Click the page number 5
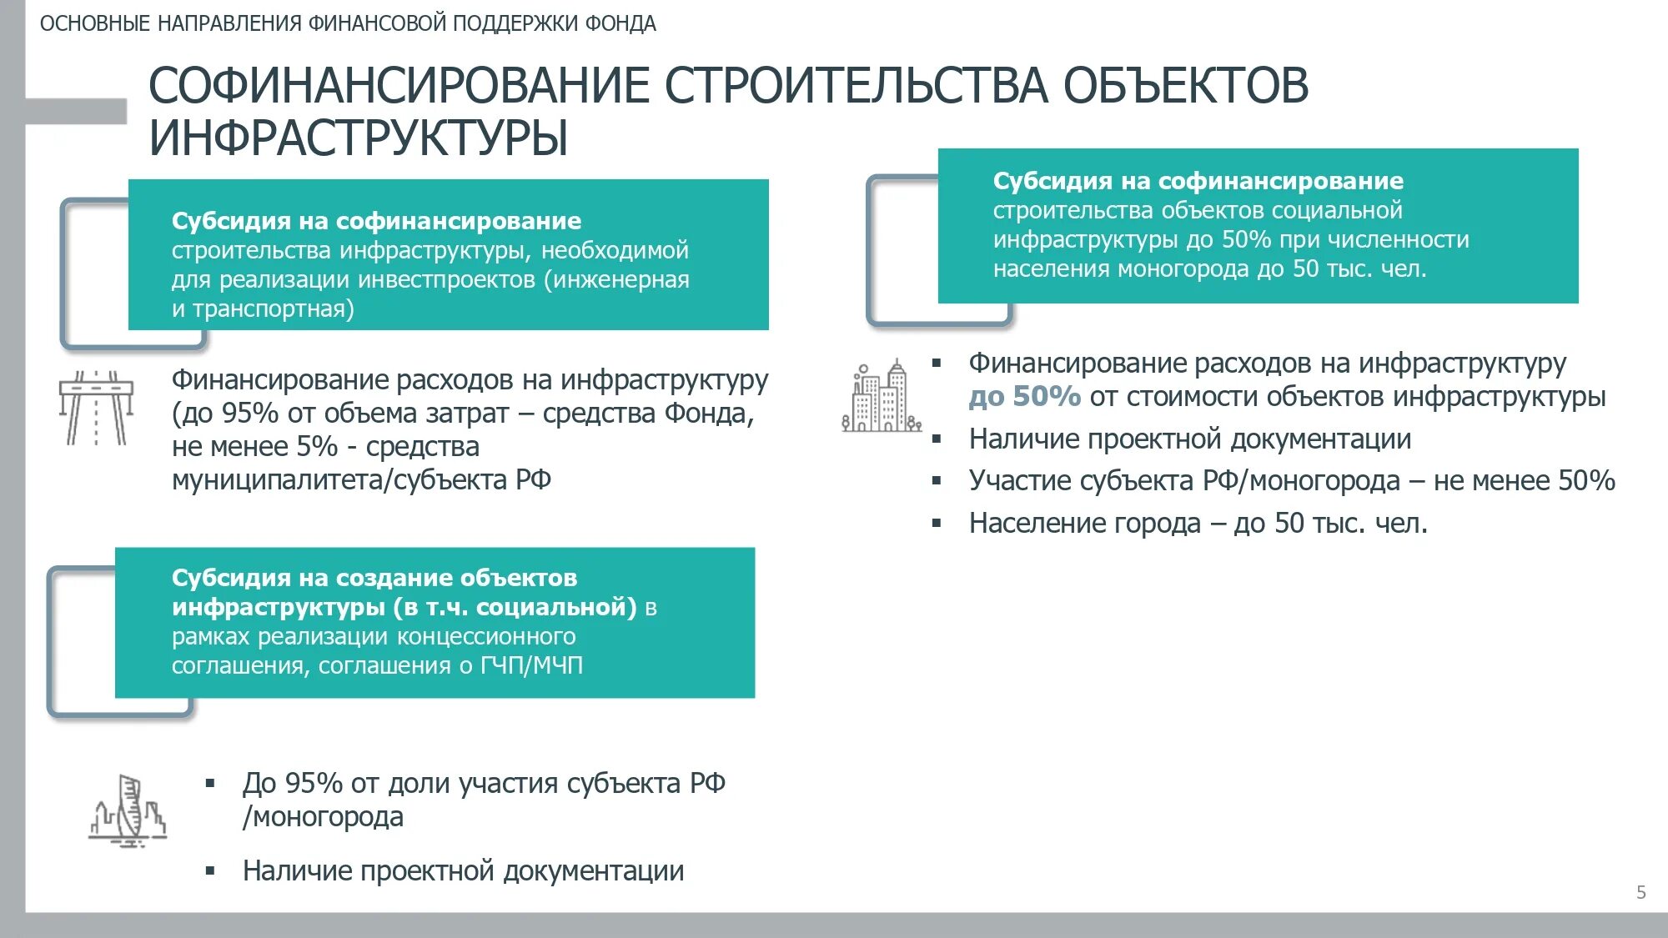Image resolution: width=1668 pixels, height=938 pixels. point(1640,892)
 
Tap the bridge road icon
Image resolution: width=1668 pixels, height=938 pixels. point(96,408)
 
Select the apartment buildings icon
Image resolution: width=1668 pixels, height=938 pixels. point(882,397)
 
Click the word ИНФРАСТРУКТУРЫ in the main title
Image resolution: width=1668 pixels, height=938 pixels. point(359,138)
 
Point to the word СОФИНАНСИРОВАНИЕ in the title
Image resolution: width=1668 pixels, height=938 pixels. point(399,86)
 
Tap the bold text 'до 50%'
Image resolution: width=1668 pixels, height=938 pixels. point(1024,396)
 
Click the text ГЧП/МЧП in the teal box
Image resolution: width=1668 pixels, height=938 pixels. point(531,665)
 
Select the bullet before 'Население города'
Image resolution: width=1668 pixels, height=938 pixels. point(937,524)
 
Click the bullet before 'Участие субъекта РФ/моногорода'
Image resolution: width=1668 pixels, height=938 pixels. point(937,481)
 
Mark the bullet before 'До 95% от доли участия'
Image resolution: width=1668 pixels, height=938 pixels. point(210,784)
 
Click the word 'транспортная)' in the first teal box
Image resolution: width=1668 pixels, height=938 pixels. point(274,309)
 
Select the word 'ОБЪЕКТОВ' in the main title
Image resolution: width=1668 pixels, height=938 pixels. point(1185,86)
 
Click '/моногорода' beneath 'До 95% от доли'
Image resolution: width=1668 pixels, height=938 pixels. point(323,817)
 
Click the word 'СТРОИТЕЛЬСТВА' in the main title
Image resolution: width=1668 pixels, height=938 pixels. point(856,86)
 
